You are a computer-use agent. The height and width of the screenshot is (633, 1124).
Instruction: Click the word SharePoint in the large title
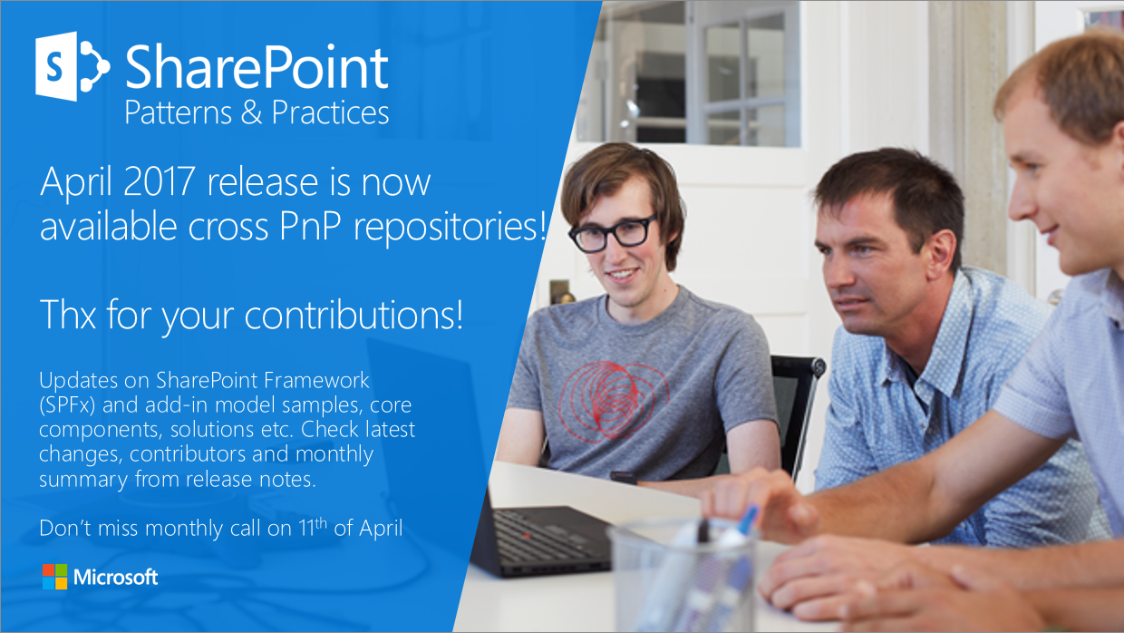point(257,68)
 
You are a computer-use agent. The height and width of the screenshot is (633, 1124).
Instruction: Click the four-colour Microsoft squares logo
point(54,577)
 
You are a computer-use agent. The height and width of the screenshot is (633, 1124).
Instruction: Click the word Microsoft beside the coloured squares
point(116,578)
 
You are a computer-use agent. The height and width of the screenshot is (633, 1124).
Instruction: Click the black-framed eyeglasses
point(612,233)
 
